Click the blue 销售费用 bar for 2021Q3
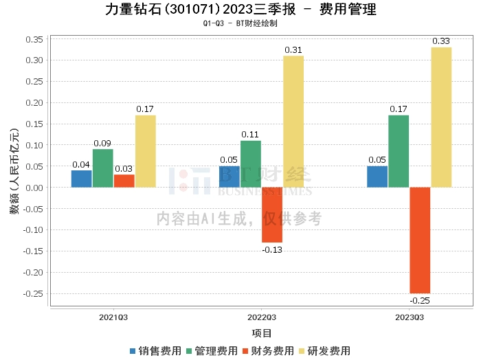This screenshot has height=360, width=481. pos(82,179)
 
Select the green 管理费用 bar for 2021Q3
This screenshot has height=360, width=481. pos(103,168)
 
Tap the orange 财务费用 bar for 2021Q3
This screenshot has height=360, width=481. pos(124,181)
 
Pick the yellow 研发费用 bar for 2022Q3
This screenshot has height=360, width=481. pos(293,122)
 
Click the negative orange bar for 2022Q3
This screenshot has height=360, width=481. pos(272,214)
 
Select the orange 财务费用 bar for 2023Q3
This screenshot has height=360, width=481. pos(420,240)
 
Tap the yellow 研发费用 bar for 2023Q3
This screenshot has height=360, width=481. pos(441,117)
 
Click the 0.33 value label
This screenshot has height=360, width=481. pos(441,41)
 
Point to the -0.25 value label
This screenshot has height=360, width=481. pos(420,301)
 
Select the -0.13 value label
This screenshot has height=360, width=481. pos(272,249)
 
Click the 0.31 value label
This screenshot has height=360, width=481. pos(293,50)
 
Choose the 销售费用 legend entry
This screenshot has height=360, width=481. pos(155,350)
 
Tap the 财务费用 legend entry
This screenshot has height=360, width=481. pos(269,350)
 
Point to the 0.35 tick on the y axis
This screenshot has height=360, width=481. pos(34,39)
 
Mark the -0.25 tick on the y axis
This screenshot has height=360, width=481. pos(33,293)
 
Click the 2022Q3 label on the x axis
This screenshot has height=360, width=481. pos(261,317)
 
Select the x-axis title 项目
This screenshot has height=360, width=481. pos(262,333)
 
